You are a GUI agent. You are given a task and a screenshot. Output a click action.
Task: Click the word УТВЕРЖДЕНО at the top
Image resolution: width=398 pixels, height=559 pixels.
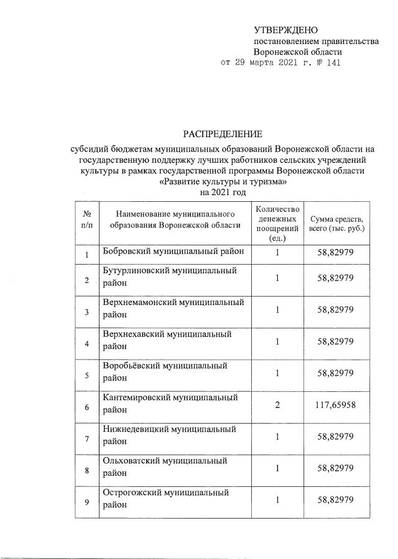[x=285, y=30]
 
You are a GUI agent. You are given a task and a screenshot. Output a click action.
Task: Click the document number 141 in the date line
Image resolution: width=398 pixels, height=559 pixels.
[x=333, y=63]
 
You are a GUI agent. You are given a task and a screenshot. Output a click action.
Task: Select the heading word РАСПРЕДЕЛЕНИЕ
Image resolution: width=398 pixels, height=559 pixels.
[x=223, y=134]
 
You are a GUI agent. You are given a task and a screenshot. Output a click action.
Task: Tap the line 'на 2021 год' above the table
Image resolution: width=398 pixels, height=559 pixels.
[x=223, y=193]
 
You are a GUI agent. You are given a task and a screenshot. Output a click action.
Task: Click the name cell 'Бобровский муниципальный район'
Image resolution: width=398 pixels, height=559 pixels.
[x=173, y=250]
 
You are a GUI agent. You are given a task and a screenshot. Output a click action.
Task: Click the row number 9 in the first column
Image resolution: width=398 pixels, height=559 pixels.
[x=86, y=502]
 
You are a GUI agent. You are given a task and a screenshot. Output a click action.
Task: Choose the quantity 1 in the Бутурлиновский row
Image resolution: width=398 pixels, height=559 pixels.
[x=277, y=278]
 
